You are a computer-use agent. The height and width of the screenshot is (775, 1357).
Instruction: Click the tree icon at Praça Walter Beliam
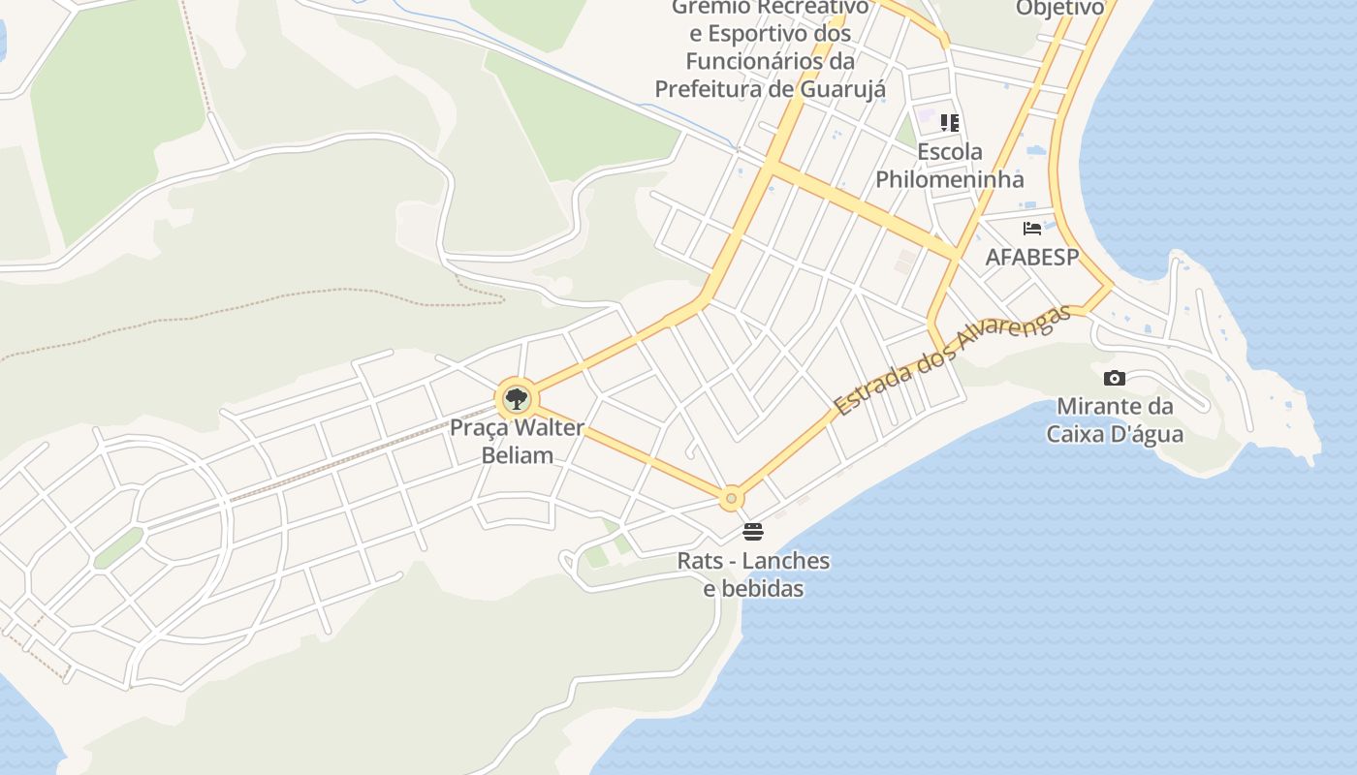[x=517, y=398]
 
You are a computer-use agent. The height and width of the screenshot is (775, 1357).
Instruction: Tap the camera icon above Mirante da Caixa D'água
[x=1115, y=378]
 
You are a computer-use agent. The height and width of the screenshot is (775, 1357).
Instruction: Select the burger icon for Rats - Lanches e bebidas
[x=753, y=531]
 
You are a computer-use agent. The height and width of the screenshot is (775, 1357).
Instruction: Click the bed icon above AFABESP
[x=1032, y=229]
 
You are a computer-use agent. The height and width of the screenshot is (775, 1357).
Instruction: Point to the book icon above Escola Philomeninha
[x=950, y=122]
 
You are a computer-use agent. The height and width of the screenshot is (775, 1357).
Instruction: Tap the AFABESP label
[x=1032, y=257]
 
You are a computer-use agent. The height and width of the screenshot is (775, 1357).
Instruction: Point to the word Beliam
[x=518, y=455]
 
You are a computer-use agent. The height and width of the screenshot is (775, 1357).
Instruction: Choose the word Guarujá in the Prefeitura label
[x=843, y=89]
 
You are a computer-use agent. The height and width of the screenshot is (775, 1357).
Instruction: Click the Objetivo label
[x=1059, y=9]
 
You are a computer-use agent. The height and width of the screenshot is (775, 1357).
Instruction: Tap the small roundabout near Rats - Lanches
[x=731, y=498]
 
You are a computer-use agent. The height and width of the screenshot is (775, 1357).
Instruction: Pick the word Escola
[x=950, y=152]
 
